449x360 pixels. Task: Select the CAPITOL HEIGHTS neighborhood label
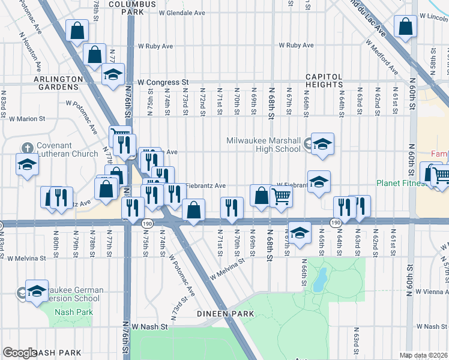324,81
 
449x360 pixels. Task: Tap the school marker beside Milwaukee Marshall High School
322,143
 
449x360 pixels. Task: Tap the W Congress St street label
163,82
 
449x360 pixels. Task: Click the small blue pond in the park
321,277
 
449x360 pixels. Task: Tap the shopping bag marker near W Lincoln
406,26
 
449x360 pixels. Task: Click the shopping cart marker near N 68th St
281,196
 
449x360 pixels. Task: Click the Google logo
20,353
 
